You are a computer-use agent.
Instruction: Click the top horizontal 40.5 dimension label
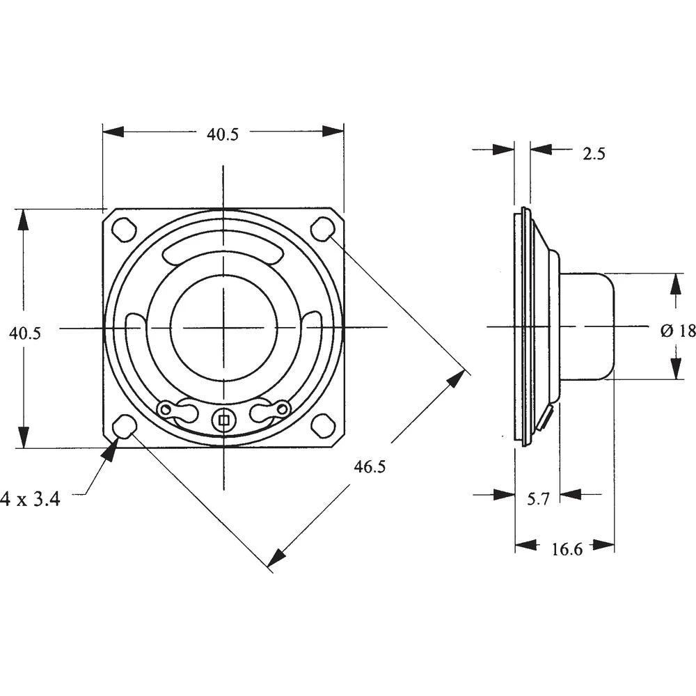pyautogui.click(x=222, y=135)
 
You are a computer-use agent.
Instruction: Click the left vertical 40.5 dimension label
pyautogui.click(x=25, y=333)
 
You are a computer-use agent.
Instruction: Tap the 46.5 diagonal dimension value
pyautogui.click(x=369, y=467)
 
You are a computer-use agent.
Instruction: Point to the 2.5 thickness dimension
pyautogui.click(x=594, y=154)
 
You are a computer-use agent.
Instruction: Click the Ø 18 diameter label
pyautogui.click(x=678, y=331)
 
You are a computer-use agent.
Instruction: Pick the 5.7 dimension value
pyautogui.click(x=538, y=499)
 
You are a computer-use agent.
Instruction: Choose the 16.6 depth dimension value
pyautogui.click(x=567, y=549)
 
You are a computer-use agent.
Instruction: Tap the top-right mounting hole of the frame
pyautogui.click(x=322, y=228)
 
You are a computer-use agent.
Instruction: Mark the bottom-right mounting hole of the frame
pyautogui.click(x=322, y=425)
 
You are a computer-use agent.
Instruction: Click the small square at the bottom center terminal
pyautogui.click(x=223, y=419)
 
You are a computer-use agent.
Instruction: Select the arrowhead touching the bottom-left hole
pyautogui.click(x=109, y=450)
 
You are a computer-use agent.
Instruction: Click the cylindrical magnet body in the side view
pyautogui.click(x=587, y=326)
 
